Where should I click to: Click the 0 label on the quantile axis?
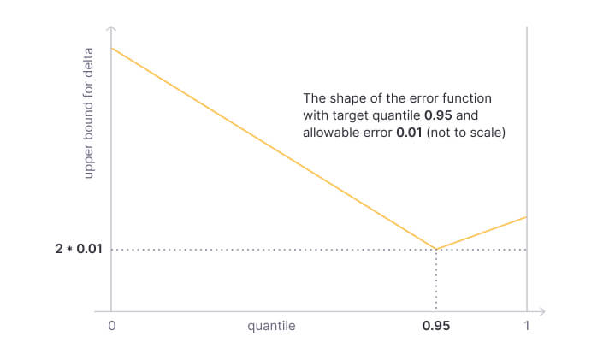112,326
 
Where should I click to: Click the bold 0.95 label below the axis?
436,326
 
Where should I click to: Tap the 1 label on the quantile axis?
527,326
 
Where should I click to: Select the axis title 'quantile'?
271,326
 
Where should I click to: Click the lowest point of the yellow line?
436,250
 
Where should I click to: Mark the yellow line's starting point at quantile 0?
112,47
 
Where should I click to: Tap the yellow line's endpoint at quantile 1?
526,216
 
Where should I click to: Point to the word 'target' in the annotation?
349,115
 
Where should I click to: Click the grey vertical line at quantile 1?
526,128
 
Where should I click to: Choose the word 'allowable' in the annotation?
330,133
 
